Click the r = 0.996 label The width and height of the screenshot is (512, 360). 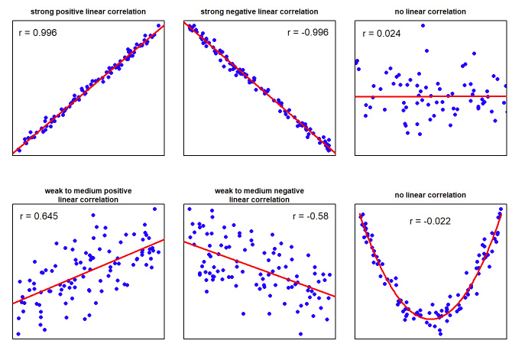(x=37, y=34)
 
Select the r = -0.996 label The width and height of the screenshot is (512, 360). (x=308, y=33)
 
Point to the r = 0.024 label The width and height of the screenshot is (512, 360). (x=381, y=34)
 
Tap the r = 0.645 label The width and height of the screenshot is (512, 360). (x=37, y=216)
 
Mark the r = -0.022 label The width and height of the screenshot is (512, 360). (x=429, y=222)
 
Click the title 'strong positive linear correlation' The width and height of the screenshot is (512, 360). (x=89, y=12)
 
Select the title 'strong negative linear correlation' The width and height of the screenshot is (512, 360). (x=259, y=12)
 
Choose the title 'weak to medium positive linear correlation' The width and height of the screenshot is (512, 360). (x=89, y=194)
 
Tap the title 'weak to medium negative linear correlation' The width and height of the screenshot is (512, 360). (x=259, y=194)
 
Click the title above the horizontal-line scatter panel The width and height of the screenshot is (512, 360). (x=430, y=12)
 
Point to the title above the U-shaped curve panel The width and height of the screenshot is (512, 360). (x=430, y=195)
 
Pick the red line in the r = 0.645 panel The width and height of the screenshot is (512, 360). (x=89, y=272)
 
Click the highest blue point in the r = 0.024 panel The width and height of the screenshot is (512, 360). (x=423, y=25)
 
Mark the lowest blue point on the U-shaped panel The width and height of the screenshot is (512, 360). (x=440, y=332)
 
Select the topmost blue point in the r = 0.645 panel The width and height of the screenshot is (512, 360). (x=154, y=209)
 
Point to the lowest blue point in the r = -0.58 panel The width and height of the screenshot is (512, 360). (x=301, y=333)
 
